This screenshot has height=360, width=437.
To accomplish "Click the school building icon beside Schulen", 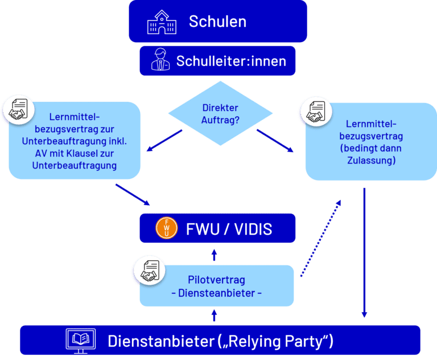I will click(162, 22).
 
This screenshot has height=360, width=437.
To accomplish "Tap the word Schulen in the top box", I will click(217, 22).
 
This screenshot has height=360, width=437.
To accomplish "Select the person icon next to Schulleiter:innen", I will click(160, 60).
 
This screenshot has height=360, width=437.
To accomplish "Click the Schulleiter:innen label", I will click(231, 61).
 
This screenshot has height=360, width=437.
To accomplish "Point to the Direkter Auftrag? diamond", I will click(220, 114).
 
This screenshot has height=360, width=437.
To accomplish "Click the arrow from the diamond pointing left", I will click(164, 141).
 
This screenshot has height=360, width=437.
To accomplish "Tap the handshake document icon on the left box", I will click(19, 109).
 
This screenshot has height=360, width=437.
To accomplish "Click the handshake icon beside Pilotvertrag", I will click(149, 269).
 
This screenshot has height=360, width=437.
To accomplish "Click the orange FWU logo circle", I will click(167, 228).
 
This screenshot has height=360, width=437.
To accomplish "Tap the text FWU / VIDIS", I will click(229, 229).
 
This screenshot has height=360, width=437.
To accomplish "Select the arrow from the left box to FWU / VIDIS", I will click(133, 194).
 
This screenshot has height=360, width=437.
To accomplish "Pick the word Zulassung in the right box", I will click(370, 161).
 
